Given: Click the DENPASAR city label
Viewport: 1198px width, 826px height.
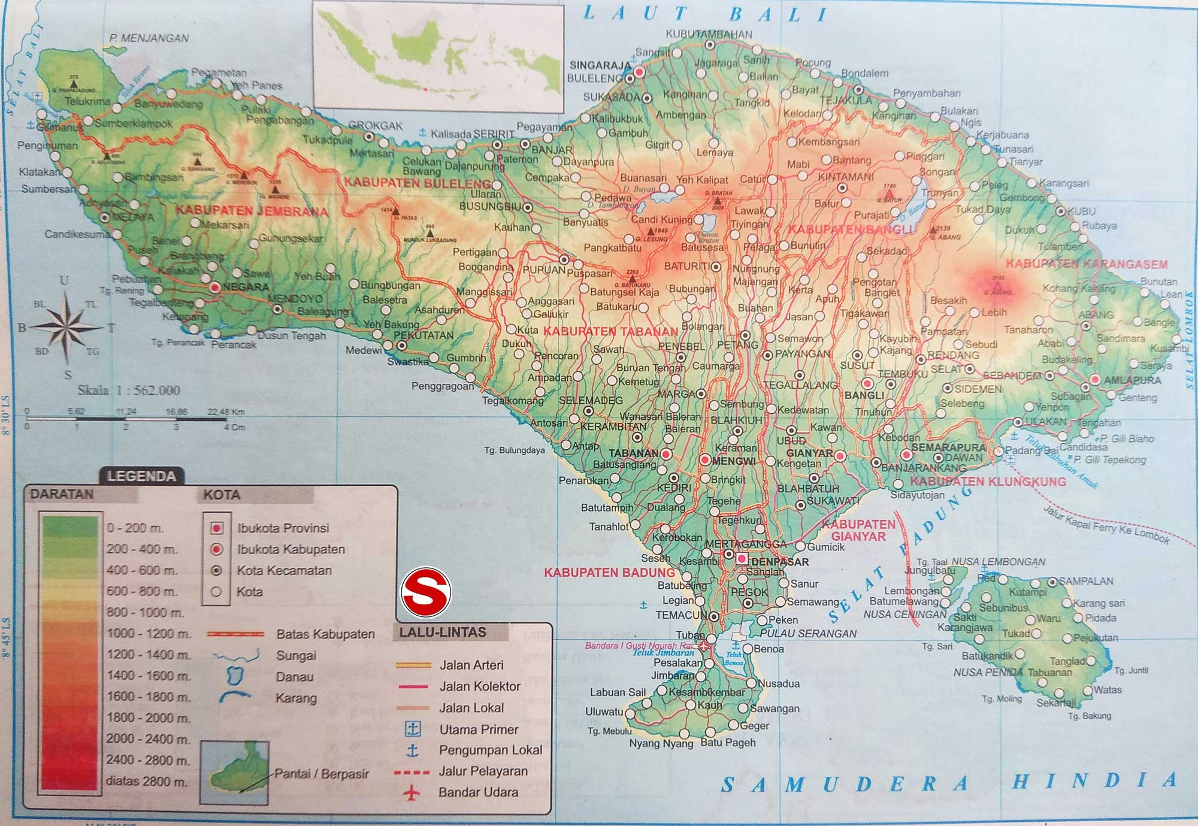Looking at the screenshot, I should [779, 562].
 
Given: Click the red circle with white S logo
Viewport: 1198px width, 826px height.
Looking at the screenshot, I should [426, 592].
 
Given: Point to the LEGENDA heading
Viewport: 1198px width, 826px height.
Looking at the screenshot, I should [141, 476].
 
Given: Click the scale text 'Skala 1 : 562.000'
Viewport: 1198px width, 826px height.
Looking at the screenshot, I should [129, 391].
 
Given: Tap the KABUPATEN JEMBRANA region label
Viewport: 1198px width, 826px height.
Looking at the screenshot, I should [252, 211].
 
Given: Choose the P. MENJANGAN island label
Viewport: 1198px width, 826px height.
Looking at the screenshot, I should [149, 38].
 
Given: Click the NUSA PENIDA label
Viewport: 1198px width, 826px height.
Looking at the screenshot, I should [988, 673].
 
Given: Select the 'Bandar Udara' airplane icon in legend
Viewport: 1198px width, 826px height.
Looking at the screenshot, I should [412, 792].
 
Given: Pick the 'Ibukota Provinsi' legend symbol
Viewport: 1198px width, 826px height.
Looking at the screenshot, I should [217, 528].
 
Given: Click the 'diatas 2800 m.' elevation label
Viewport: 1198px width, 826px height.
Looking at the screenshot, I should [147, 781].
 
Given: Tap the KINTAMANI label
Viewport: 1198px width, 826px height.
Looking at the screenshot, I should [845, 177].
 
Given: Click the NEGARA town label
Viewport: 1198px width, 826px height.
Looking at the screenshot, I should [246, 287].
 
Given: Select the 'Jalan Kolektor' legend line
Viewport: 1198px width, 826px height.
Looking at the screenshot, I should [413, 686].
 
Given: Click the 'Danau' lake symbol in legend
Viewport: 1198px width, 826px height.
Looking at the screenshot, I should [235, 676].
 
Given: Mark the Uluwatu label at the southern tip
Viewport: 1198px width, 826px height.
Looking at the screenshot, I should [604, 712].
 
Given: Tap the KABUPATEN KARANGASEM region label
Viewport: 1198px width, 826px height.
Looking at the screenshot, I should [1087, 264].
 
